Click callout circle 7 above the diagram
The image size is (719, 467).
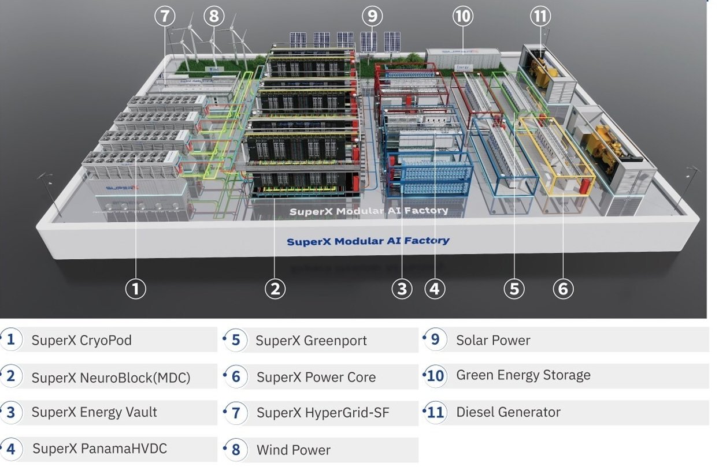tap(165, 16)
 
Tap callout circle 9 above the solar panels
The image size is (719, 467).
tap(372, 16)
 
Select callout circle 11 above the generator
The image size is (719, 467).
tap(540, 16)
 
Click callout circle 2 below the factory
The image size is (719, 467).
tap(275, 288)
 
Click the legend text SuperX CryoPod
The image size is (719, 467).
tap(81, 341)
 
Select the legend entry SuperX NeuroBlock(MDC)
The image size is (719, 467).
tap(110, 378)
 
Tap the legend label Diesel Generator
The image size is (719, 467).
tap(508, 413)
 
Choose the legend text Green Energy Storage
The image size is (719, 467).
tap(523, 375)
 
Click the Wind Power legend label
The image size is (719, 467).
tap(293, 450)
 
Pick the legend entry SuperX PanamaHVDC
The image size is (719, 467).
tap(99, 449)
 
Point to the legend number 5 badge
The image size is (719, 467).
tap(235, 340)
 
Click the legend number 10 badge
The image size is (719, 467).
tap(435, 376)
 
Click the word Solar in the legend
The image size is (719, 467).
tap(472, 341)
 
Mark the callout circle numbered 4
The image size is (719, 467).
tap(434, 288)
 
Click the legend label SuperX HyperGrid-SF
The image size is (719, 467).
tap(323, 413)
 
